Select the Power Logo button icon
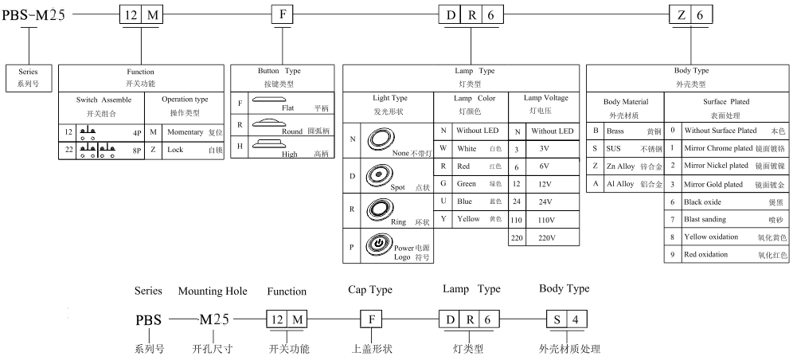[x=377, y=245]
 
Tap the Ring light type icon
[x=377, y=210]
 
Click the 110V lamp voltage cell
[x=546, y=220]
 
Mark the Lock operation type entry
[x=175, y=149]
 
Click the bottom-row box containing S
[x=556, y=319]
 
